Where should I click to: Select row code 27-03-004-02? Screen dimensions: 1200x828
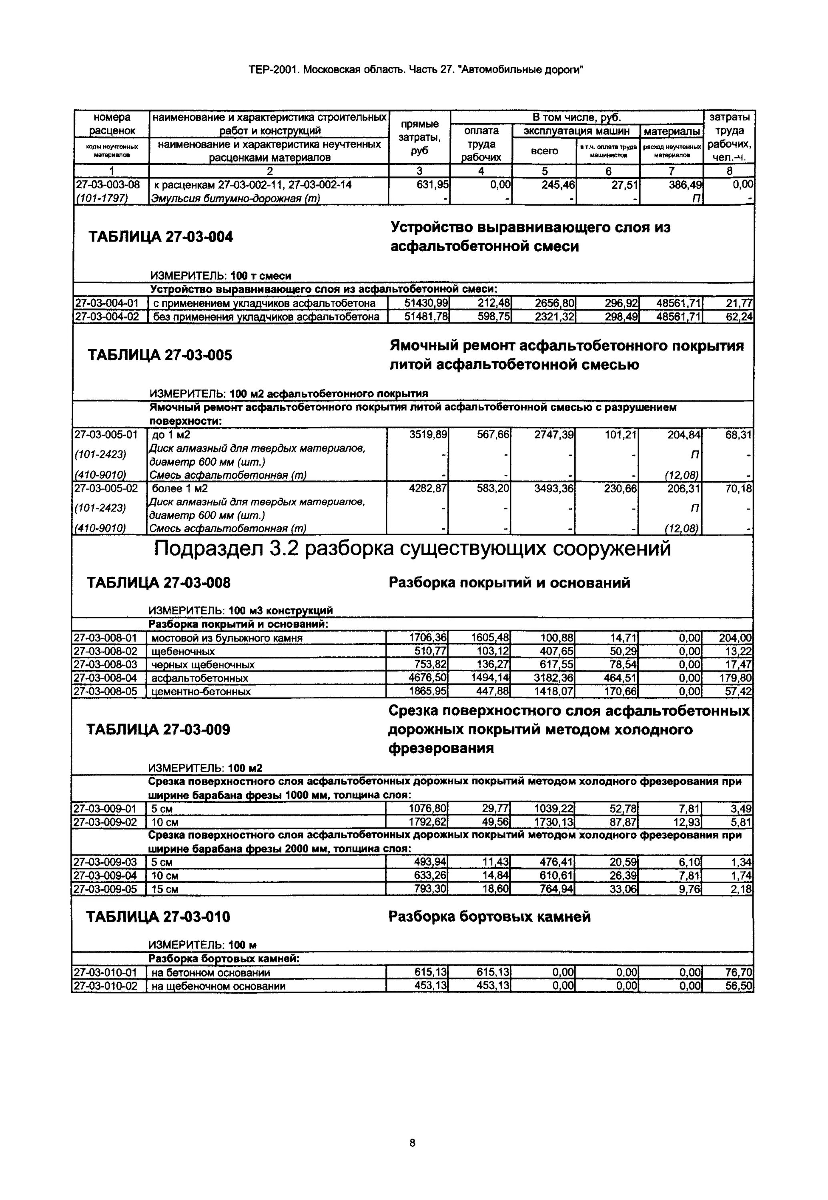pyautogui.click(x=107, y=316)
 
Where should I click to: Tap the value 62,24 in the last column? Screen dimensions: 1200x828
pyautogui.click(x=739, y=316)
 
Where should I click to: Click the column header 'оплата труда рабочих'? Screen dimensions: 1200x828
pyautogui.click(x=481, y=144)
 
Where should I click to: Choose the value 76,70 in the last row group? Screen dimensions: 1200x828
pyautogui.click(x=739, y=972)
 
